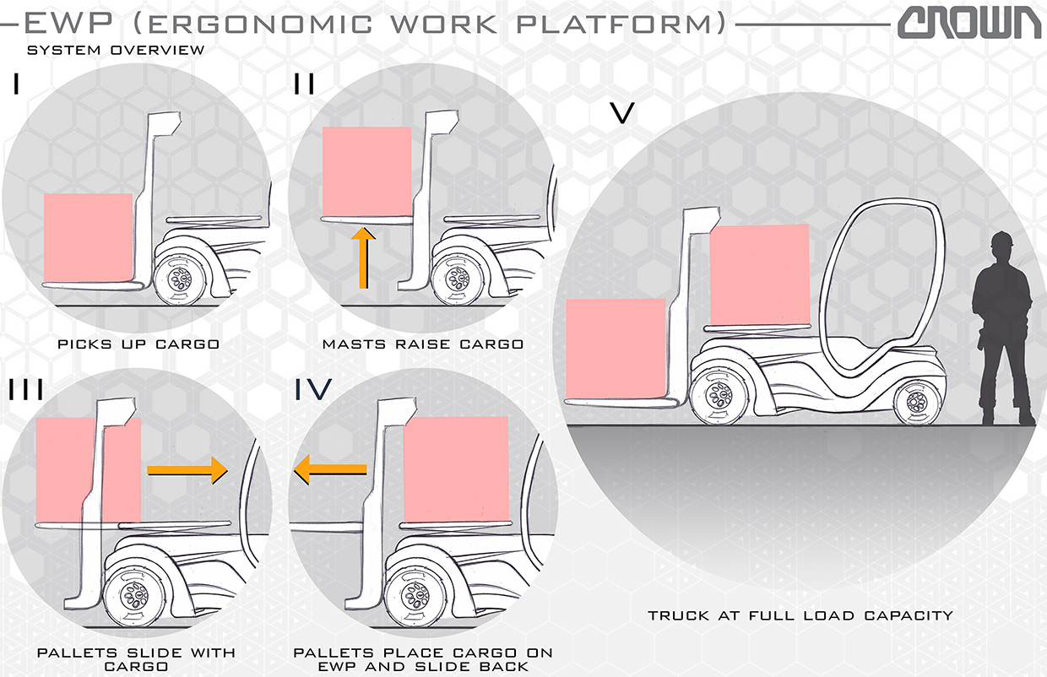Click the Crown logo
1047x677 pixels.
tap(969, 23)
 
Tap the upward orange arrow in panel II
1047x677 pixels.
tap(364, 258)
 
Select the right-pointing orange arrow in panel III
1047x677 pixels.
tap(188, 469)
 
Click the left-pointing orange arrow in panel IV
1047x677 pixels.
tap(330, 469)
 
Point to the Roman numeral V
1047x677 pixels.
tap(621, 113)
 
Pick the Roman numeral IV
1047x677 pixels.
tap(313, 389)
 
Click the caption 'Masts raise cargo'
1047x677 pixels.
tap(422, 344)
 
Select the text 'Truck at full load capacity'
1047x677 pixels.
tap(800, 615)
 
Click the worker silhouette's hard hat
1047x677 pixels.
tap(1004, 241)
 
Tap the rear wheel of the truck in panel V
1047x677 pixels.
tap(916, 400)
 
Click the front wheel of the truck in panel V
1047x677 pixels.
tap(719, 393)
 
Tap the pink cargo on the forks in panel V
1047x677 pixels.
tap(616, 347)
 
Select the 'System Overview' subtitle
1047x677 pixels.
tap(116, 51)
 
